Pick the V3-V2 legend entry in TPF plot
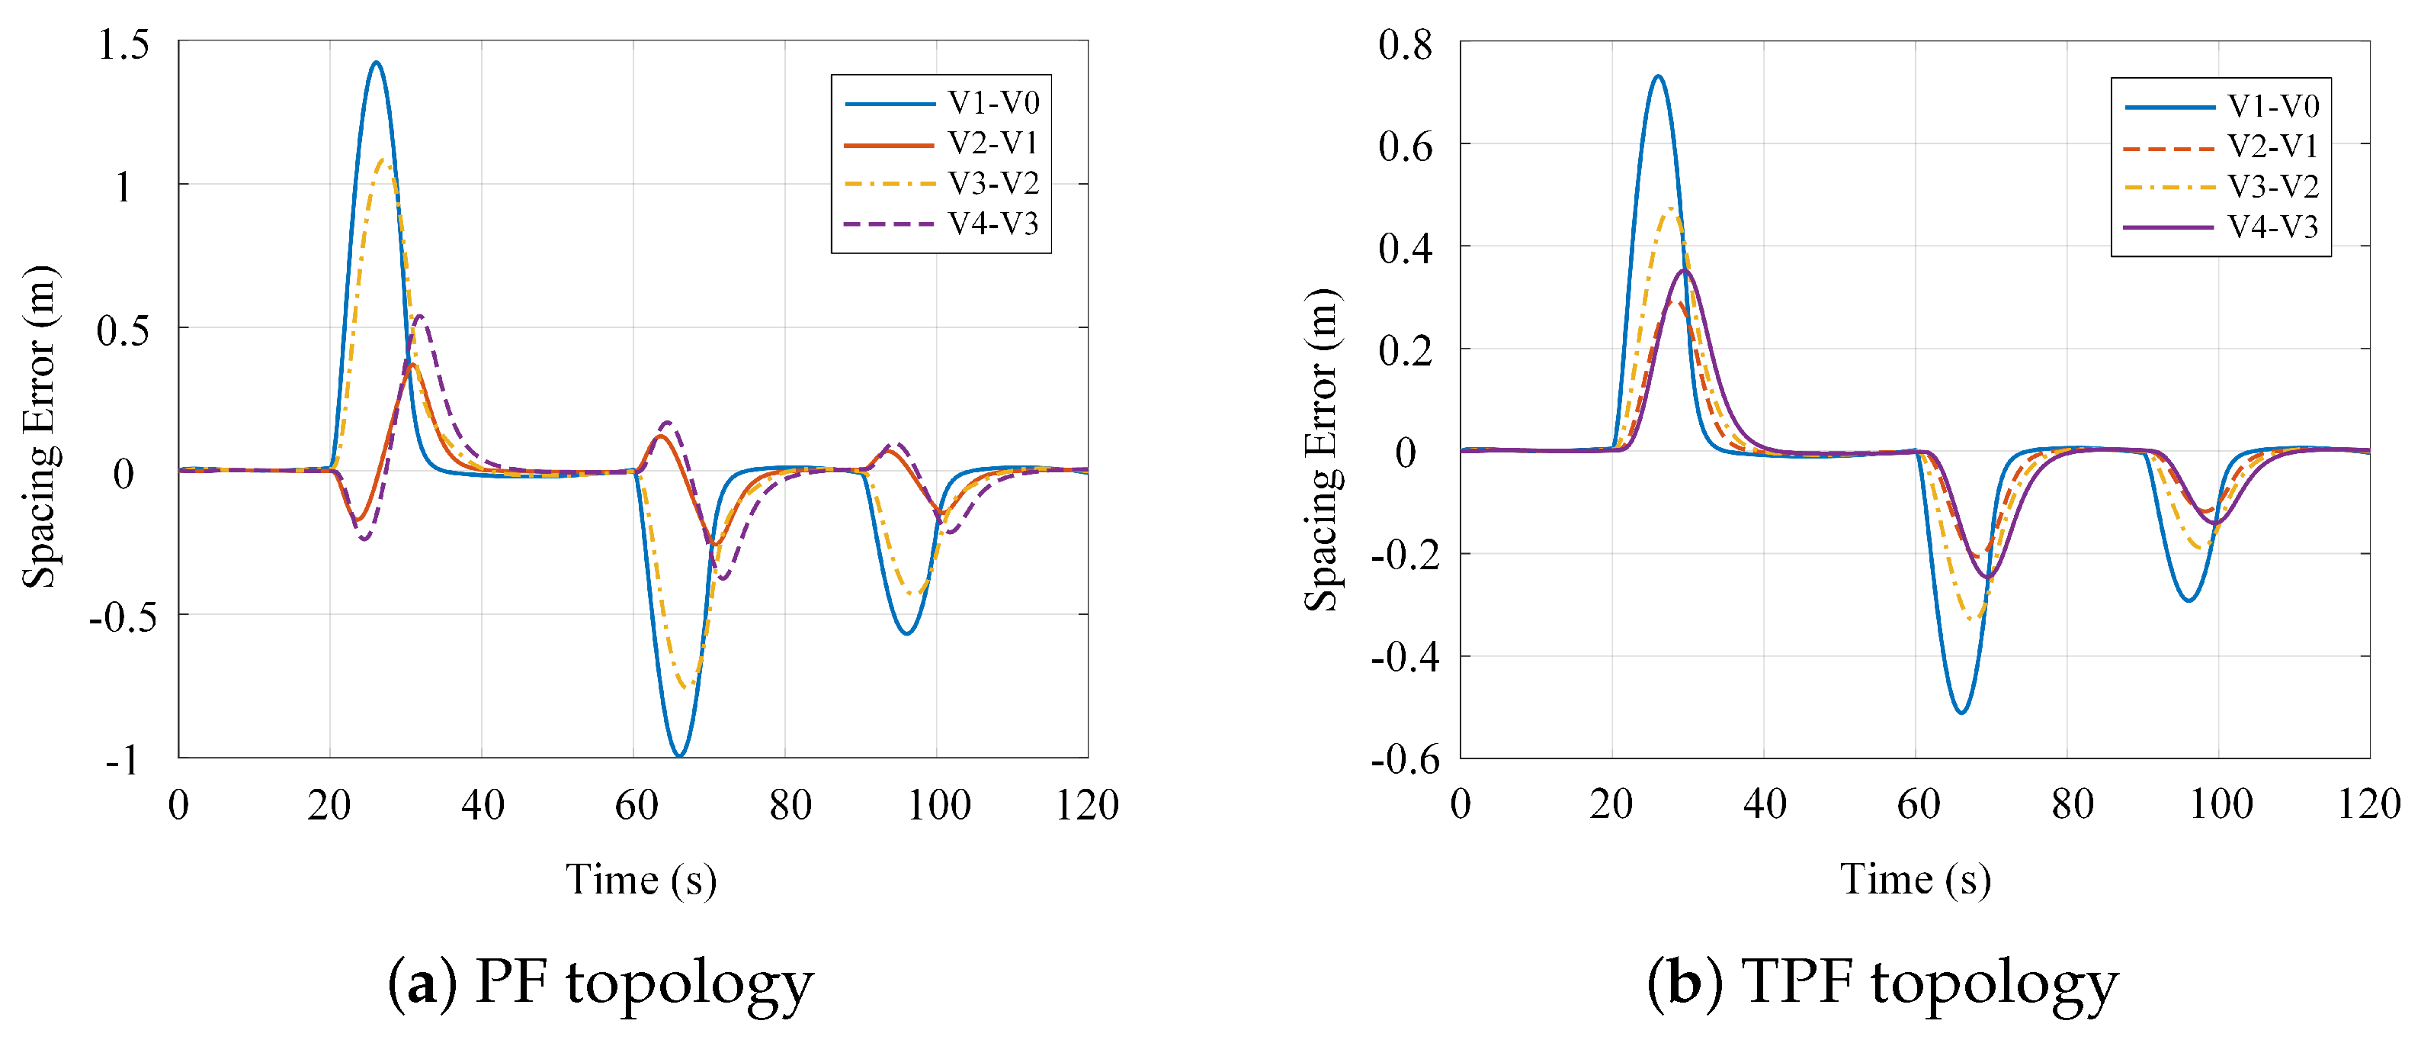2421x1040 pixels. coord(2223,187)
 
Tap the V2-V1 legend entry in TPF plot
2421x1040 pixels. coord(2223,147)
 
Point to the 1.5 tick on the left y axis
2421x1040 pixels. coord(124,44)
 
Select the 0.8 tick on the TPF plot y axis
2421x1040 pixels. coord(1405,44)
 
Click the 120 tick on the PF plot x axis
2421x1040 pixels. coord(1087,806)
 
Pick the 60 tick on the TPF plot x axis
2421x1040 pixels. coord(1917,806)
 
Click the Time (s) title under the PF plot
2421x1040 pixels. coord(641,880)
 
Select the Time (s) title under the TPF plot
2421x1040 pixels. coord(1916,880)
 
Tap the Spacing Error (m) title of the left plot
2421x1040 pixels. coord(40,427)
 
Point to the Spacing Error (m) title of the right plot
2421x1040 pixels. coord(1323,449)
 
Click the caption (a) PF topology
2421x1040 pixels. coord(601,983)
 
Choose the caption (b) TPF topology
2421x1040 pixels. coord(1883,983)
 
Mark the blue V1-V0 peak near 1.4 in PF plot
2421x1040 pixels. coord(376,63)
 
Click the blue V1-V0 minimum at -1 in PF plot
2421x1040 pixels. coord(679,755)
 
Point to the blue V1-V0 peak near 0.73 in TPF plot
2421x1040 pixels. coord(1658,77)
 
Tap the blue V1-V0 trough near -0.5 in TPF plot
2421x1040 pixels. coord(1961,712)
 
